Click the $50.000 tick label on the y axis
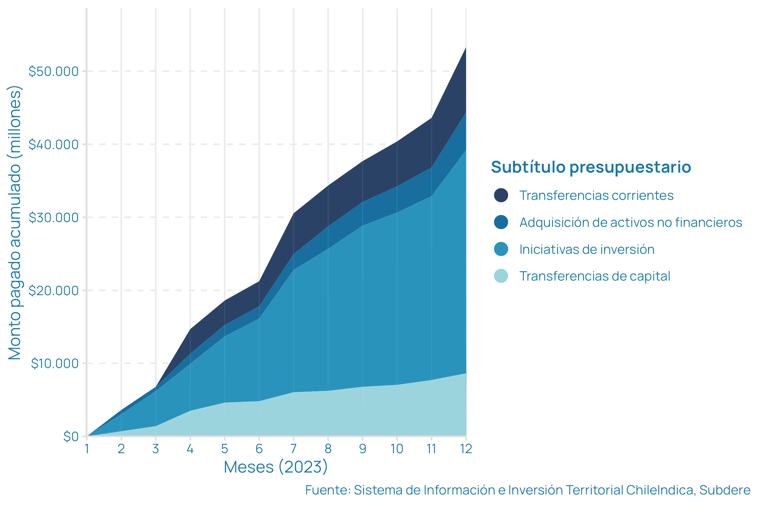coord(54,71)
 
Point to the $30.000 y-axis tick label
coord(54,218)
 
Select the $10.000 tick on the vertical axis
coord(55,364)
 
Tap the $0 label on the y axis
coord(71,437)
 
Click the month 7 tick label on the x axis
coord(293,449)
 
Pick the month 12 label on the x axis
coord(466,449)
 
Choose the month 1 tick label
coord(87,449)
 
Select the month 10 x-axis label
coord(397,449)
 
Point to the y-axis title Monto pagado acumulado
coord(15,223)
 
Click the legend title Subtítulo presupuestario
coord(591,167)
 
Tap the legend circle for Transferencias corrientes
coord(501,195)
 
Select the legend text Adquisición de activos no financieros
coord(631,222)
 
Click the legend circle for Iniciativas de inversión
coord(501,249)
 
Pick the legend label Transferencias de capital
coord(595,276)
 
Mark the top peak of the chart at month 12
coord(466,48)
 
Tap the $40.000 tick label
coord(54,144)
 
